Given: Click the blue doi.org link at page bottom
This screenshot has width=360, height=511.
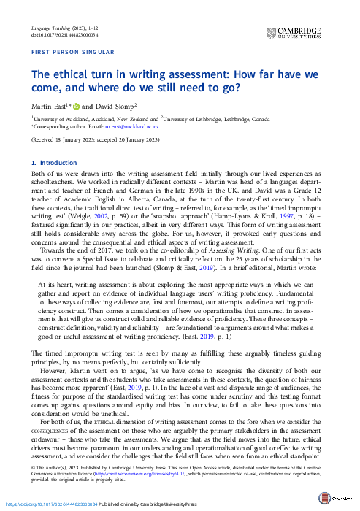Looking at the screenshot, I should pos(48,504).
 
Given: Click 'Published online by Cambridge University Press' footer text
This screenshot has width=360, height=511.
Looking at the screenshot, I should pos(148,504).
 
